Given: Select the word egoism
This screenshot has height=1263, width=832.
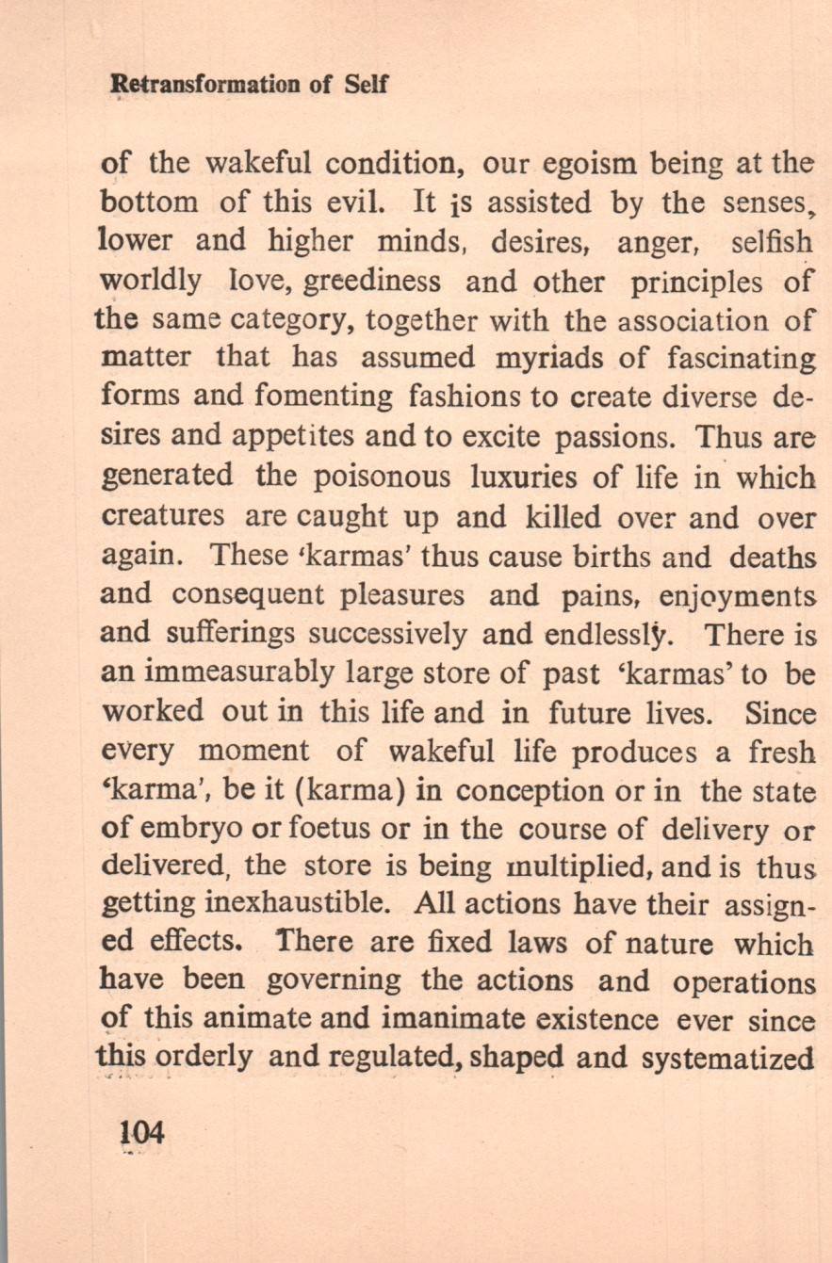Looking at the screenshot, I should [x=587, y=164].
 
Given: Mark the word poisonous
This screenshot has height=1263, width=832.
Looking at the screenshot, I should [x=381, y=476].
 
